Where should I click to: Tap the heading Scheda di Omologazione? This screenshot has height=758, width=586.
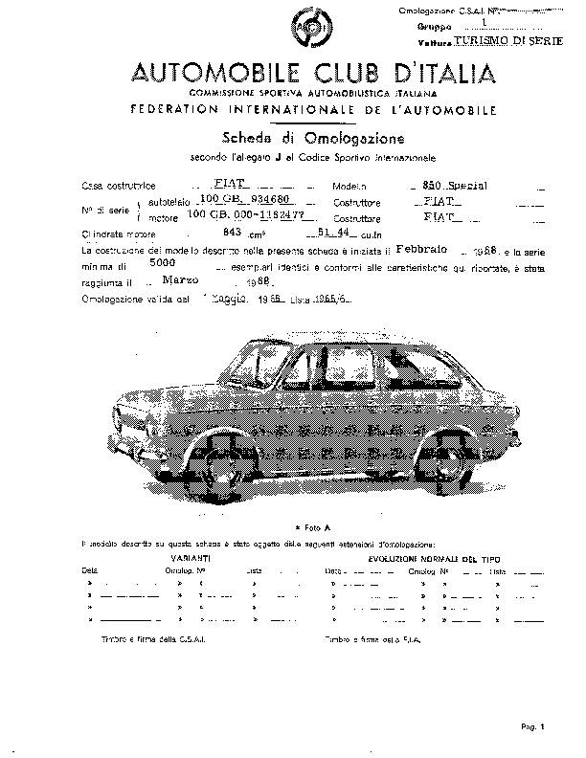pos(313,138)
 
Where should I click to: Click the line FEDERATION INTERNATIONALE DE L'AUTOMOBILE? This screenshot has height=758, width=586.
pos(314,110)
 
